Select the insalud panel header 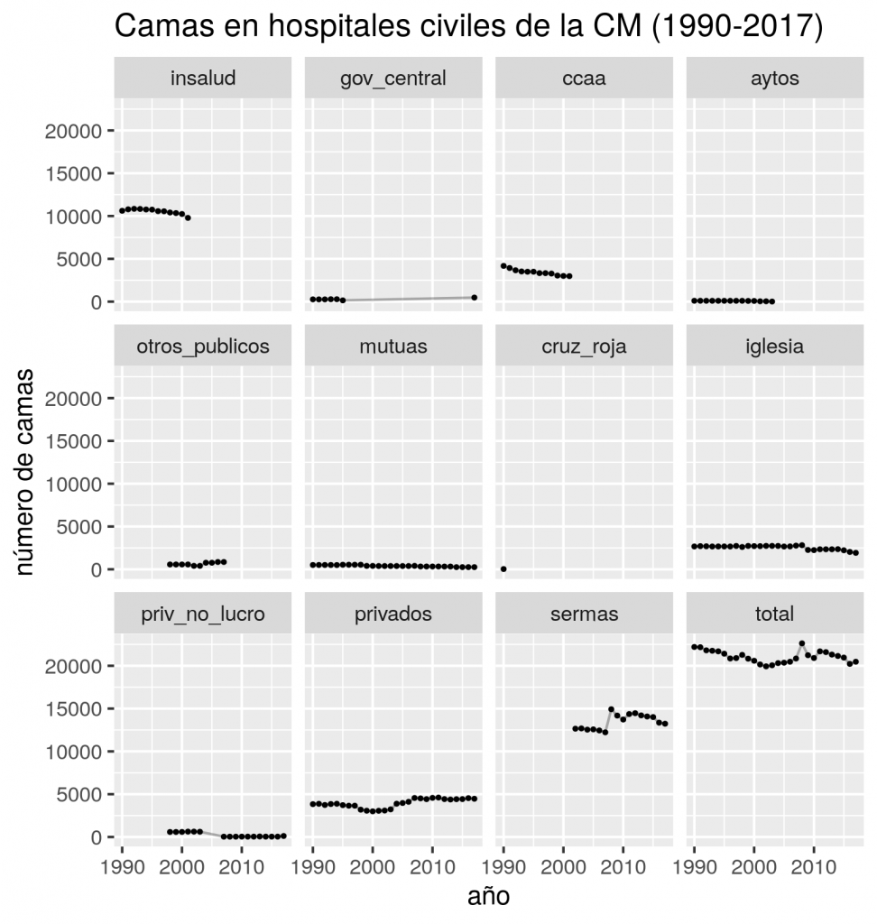[x=203, y=79]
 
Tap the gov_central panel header [x=393, y=79]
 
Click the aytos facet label [x=774, y=79]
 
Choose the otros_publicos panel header [x=203, y=346]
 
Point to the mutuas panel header [x=393, y=346]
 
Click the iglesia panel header [x=774, y=346]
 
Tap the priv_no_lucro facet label [x=203, y=614]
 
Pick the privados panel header [x=393, y=614]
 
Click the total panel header [x=774, y=614]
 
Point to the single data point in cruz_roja [x=503, y=569]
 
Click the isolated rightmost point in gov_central [x=474, y=298]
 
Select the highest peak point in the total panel [x=802, y=643]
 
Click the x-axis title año [x=488, y=897]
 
